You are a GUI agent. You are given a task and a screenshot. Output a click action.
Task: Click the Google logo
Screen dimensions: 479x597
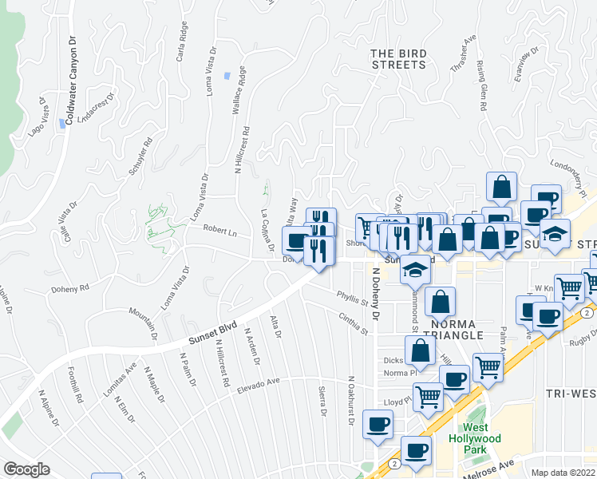pyautogui.click(x=26, y=469)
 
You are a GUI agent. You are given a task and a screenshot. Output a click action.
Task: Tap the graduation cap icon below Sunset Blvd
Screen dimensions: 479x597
pyautogui.click(x=415, y=271)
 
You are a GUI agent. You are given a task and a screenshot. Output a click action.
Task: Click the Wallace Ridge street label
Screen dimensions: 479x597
pyautogui.click(x=237, y=105)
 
